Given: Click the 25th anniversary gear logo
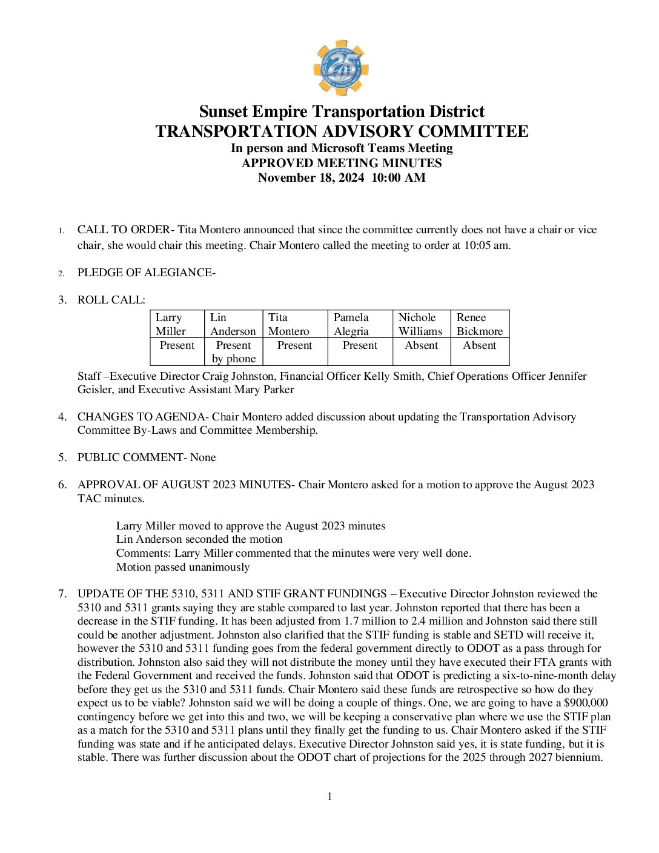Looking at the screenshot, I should point(341,67).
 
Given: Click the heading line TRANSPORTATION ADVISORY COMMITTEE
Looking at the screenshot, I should point(342,131).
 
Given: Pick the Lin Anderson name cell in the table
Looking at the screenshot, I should point(233,324).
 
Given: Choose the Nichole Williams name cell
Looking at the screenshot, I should point(420,324).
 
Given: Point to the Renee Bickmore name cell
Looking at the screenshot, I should point(479,324).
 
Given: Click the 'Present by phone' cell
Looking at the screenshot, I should point(233,352).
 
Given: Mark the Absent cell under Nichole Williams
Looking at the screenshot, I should point(421,345).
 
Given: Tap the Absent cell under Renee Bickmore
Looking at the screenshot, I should point(479,345).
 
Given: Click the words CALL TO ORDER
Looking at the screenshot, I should point(124,230).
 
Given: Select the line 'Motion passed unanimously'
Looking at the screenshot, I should point(183,568).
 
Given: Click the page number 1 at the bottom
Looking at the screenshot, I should point(329,797).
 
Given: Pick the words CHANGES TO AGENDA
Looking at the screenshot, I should point(141,417).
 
